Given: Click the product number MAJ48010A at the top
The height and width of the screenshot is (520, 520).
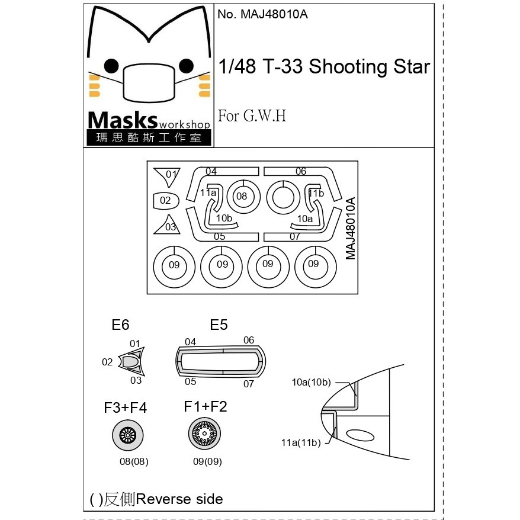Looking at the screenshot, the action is (262, 14).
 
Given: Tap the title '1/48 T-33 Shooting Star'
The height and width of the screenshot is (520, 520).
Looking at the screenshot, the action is (324, 66).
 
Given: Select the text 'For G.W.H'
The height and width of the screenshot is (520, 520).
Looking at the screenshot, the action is (252, 115).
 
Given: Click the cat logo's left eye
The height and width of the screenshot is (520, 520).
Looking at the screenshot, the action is (111, 66).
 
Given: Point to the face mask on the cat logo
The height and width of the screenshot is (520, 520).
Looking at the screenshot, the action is (149, 83).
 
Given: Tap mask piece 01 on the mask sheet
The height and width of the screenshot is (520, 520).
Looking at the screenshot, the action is (168, 176).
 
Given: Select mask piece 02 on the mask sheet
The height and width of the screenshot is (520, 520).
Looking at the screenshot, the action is (166, 201).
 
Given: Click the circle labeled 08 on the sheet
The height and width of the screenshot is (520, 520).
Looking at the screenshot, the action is (243, 197).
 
